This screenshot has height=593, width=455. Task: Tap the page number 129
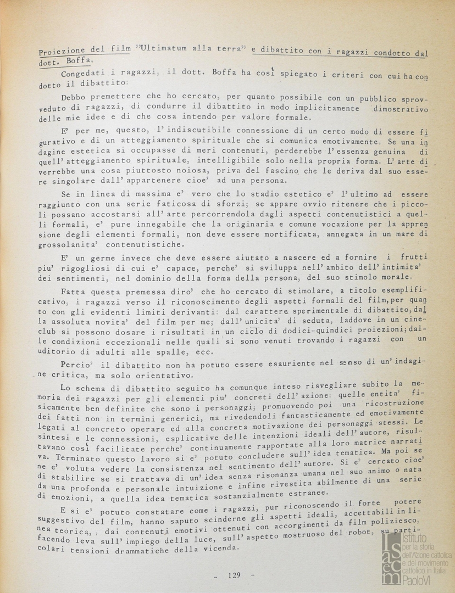coord(233,575)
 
